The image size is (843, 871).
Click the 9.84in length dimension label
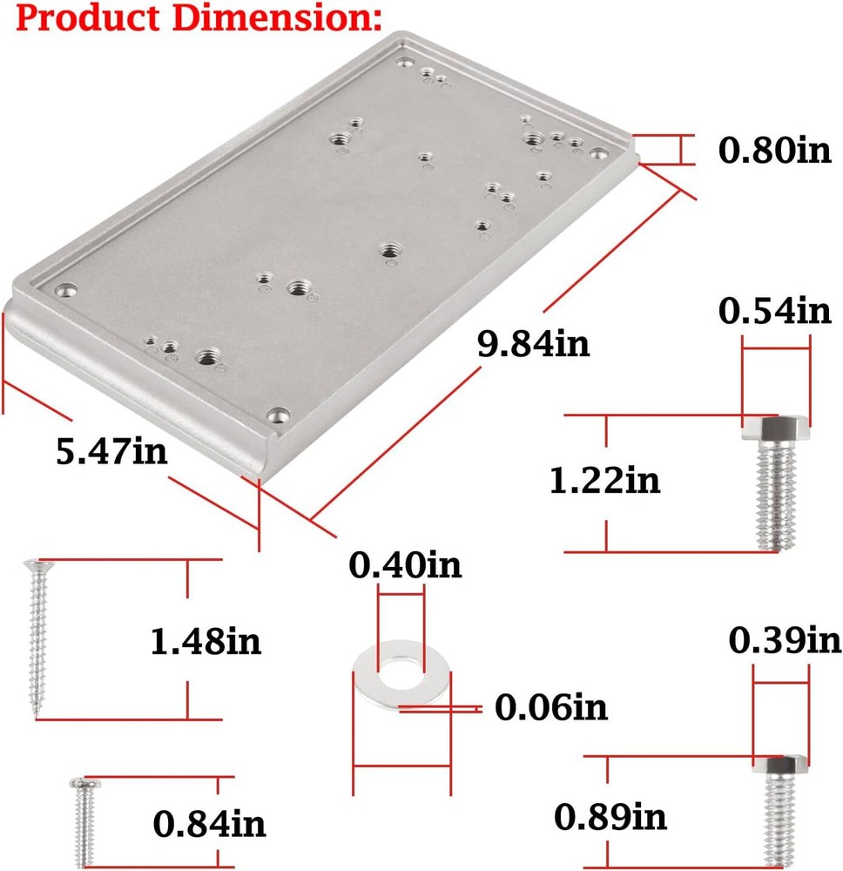(533, 344)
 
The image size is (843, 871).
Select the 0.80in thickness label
(775, 151)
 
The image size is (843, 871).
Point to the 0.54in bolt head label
(775, 310)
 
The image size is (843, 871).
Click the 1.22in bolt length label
(604, 480)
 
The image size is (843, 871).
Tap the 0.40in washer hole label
(405, 566)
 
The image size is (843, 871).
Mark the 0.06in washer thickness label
(550, 707)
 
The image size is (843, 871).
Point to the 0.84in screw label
(209, 823)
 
